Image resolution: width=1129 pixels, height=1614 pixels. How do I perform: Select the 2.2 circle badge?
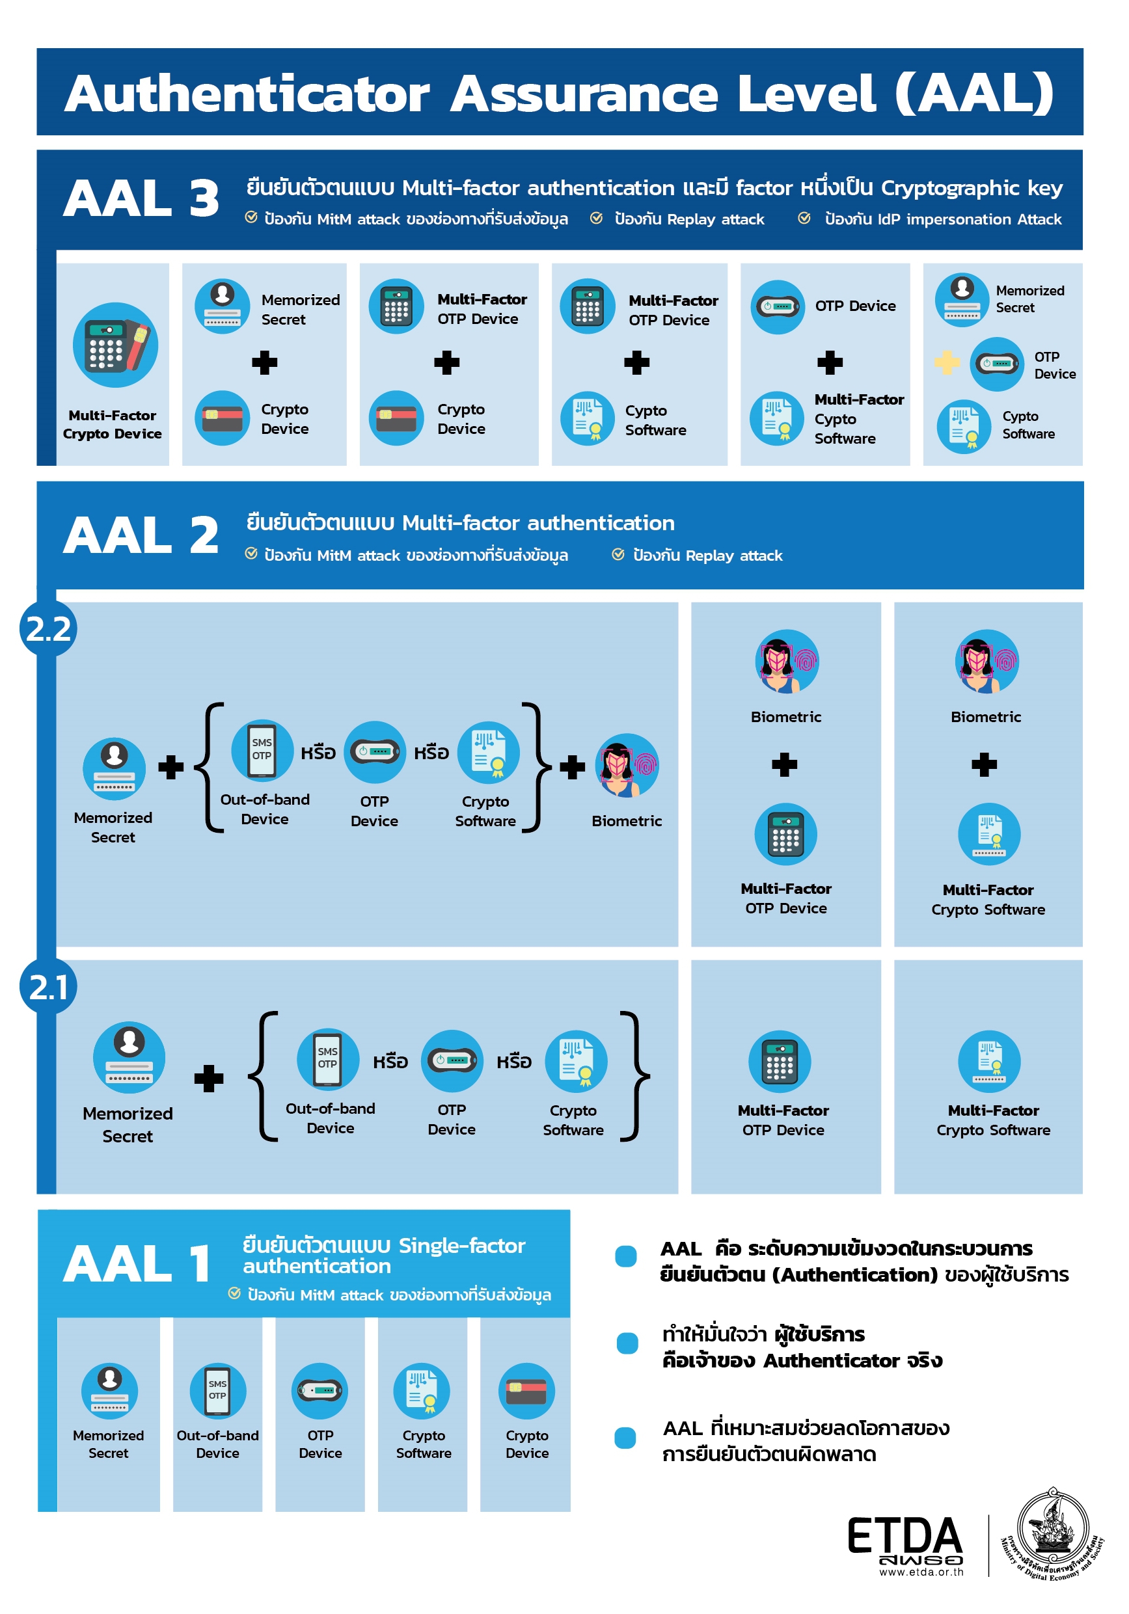click(48, 628)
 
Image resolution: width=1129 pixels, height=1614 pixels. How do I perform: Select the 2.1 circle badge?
click(48, 986)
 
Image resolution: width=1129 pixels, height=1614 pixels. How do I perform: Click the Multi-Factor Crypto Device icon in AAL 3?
click(115, 345)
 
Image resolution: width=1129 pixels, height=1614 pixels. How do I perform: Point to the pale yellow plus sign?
click(947, 363)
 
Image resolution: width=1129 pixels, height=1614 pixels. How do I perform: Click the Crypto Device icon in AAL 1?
click(526, 1391)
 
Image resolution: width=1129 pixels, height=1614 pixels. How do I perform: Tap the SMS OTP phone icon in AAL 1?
click(217, 1391)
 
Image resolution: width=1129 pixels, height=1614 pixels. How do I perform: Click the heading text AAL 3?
click(141, 198)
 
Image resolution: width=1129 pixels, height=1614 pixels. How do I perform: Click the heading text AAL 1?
click(137, 1264)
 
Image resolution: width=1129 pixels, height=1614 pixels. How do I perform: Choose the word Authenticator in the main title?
click(247, 94)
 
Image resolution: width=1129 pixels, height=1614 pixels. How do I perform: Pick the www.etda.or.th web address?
click(921, 1572)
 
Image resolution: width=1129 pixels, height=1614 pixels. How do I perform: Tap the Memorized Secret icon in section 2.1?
click(129, 1058)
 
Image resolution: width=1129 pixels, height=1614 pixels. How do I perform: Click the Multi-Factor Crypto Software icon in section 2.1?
click(989, 1062)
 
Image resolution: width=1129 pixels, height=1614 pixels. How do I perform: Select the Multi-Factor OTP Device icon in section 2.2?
click(785, 835)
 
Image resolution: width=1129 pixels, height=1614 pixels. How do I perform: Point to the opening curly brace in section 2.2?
click(209, 767)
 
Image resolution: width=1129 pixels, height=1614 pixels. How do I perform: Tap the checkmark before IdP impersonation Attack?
click(804, 219)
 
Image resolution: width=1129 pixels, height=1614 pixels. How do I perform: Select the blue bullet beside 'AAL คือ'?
click(625, 1256)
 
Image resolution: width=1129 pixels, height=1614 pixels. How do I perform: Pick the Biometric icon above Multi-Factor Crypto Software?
click(987, 662)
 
